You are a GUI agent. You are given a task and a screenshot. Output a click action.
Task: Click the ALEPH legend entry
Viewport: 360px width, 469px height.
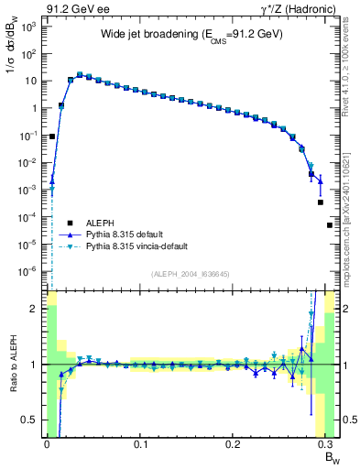[x=96, y=222]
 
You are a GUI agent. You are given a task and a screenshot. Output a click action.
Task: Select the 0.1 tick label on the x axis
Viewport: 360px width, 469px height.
[x=140, y=443]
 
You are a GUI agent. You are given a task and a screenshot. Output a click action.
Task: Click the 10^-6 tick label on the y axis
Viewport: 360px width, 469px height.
[x=29, y=271]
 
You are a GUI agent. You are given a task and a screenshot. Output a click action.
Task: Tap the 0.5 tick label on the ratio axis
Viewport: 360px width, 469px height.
[x=31, y=420]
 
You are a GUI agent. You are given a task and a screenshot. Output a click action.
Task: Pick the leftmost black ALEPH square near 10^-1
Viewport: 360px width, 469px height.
[x=52, y=136]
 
